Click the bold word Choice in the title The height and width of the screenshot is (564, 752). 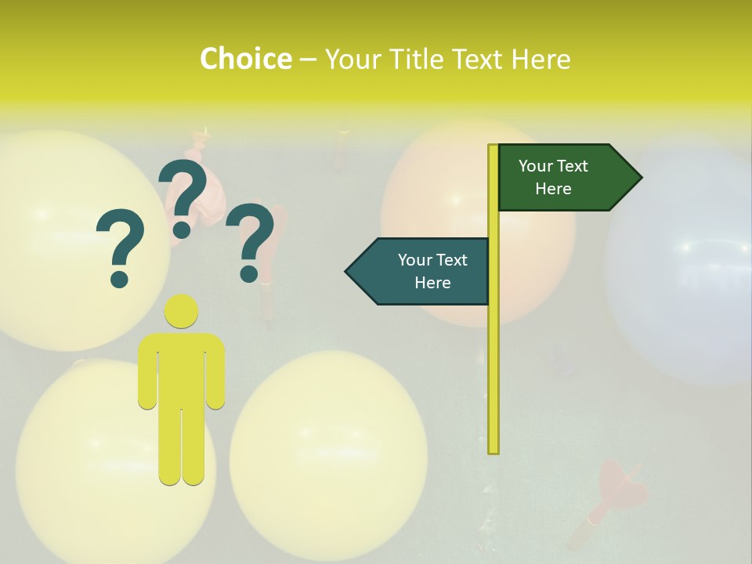point(245,59)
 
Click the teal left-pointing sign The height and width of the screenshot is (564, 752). point(419,271)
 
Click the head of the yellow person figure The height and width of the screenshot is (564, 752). point(181,312)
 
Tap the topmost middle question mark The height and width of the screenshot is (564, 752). point(185,197)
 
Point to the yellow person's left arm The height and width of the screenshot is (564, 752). point(147,372)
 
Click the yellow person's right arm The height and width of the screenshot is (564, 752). point(216,372)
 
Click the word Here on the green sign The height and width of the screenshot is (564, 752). point(553,189)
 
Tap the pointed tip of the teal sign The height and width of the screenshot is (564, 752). point(348,271)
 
